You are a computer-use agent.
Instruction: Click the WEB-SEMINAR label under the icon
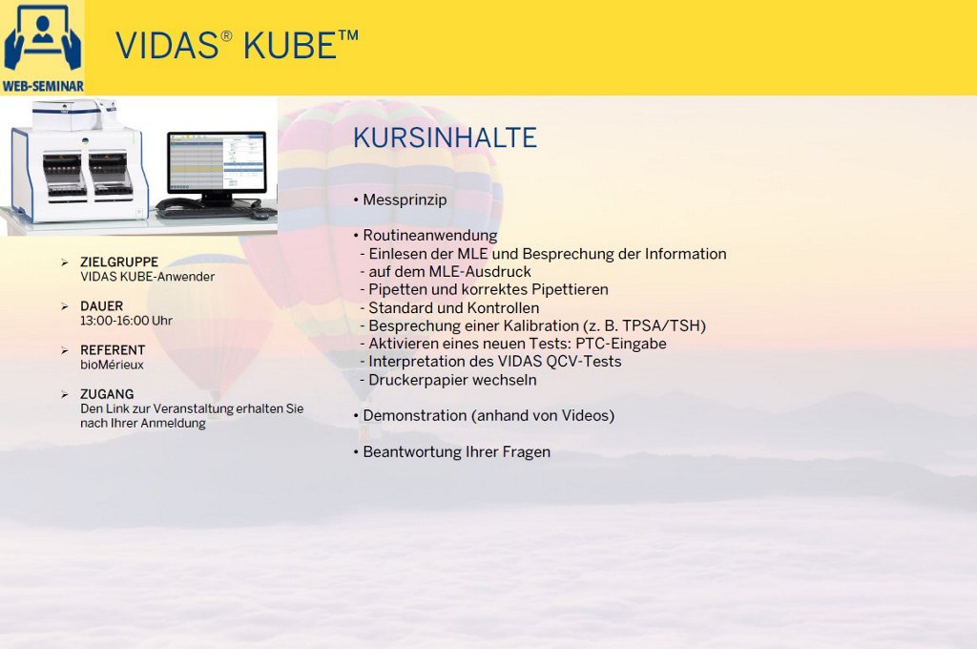coord(42,86)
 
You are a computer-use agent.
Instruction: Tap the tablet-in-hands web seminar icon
coord(42,38)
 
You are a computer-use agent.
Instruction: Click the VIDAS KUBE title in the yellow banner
coord(237,45)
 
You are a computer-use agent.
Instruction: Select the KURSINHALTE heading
coord(445,137)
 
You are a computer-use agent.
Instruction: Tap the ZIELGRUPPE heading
coord(119,262)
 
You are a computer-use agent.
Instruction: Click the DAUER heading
coord(101,306)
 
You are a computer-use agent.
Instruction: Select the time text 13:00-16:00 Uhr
coord(127,321)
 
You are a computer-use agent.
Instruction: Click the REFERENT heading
coord(113,349)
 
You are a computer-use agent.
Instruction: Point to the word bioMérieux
coord(113,365)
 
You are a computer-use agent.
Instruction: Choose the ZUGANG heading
coord(107,394)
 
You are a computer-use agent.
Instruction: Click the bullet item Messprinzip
coord(405,200)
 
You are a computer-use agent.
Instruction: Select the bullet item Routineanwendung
coord(430,236)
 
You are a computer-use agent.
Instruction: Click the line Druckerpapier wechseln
coord(452,380)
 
